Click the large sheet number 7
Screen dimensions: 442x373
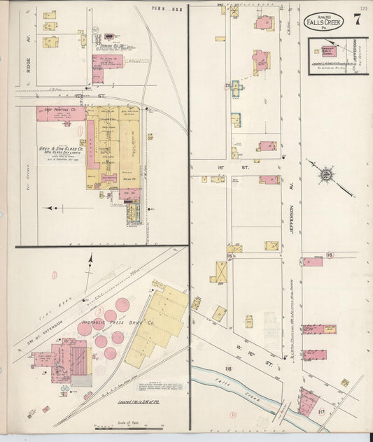[x=357, y=19]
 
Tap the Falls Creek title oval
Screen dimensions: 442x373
[x=323, y=21]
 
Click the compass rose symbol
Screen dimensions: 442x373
[x=325, y=173]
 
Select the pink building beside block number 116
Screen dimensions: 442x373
[x=313, y=262]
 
